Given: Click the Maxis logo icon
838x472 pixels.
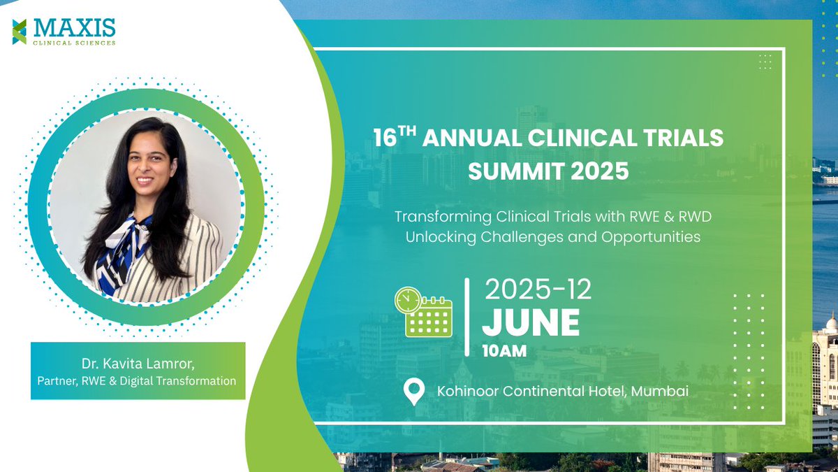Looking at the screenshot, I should click(19, 31).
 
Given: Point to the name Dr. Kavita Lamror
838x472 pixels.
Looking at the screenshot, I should click(138, 365).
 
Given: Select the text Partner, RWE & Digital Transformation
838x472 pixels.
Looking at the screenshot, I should click(138, 381).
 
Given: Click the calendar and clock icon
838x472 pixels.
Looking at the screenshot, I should click(423, 313).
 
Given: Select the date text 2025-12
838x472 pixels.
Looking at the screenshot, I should click(538, 289).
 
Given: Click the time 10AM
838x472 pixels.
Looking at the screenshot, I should click(504, 351).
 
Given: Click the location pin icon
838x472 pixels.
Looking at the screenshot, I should click(414, 392).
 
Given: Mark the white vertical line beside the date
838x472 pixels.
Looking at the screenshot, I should click(467, 316).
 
